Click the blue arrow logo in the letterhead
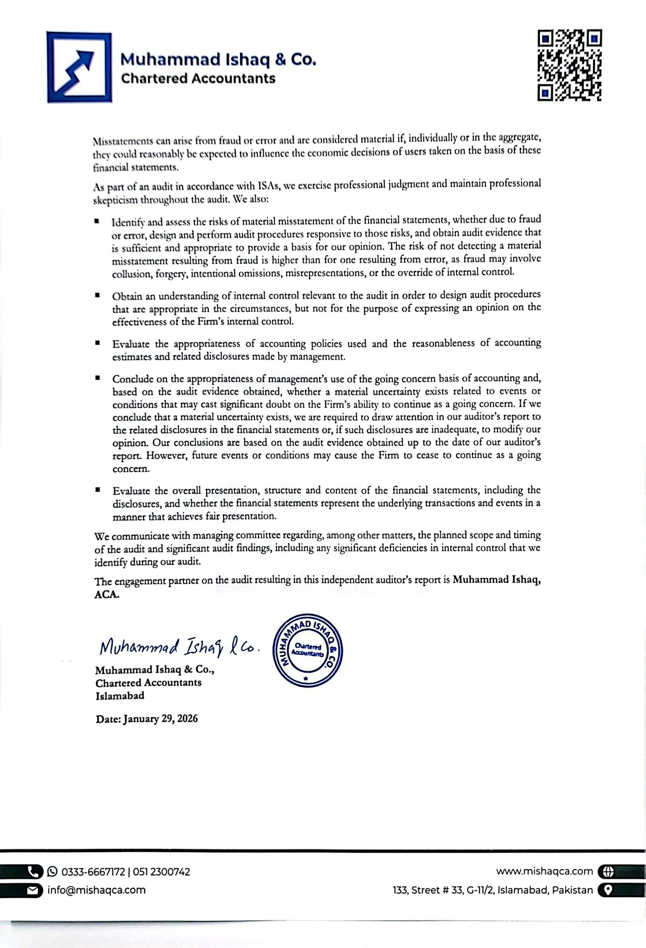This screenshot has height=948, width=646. pyautogui.click(x=79, y=67)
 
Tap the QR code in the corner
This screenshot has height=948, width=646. pyautogui.click(x=570, y=65)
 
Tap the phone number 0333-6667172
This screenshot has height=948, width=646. pyautogui.click(x=93, y=872)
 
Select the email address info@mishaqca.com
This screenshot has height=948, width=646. pyautogui.click(x=97, y=889)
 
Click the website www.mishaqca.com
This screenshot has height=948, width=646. pyautogui.click(x=545, y=871)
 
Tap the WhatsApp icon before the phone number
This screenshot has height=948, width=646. pyautogui.click(x=53, y=872)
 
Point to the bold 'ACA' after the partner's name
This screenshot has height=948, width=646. pyautogui.click(x=107, y=594)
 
